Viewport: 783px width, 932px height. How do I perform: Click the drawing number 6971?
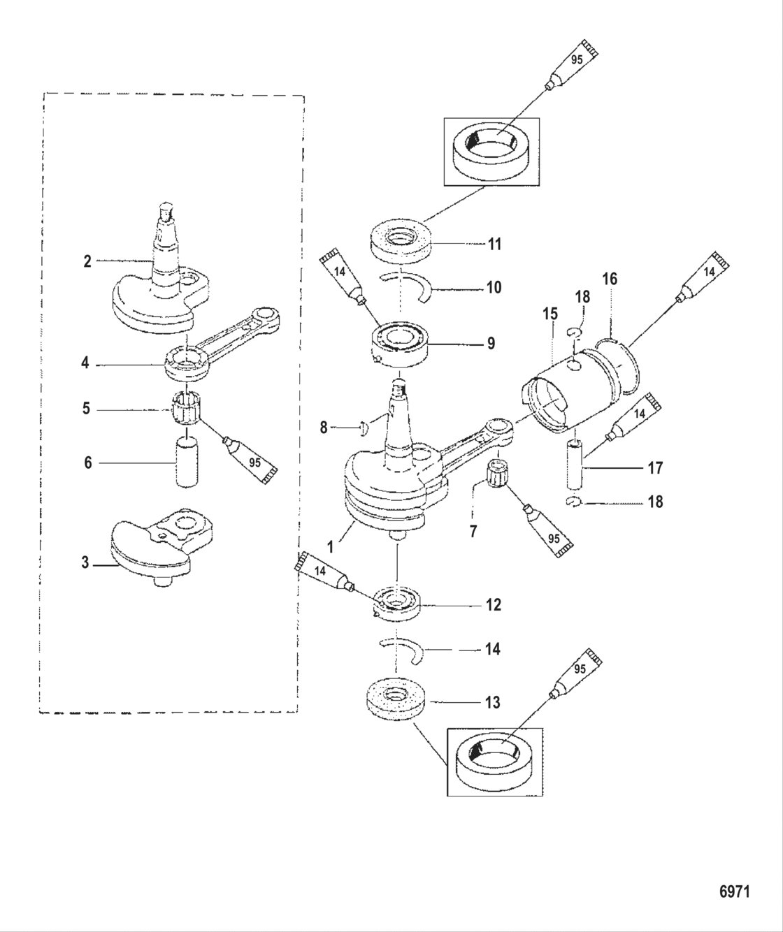click(x=734, y=892)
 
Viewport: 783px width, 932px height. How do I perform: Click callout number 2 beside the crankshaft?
click(x=87, y=261)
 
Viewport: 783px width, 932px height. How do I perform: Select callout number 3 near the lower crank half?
click(x=85, y=562)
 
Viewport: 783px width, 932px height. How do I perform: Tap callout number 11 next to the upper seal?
click(x=494, y=244)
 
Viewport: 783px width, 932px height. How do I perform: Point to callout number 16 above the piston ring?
click(x=610, y=279)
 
